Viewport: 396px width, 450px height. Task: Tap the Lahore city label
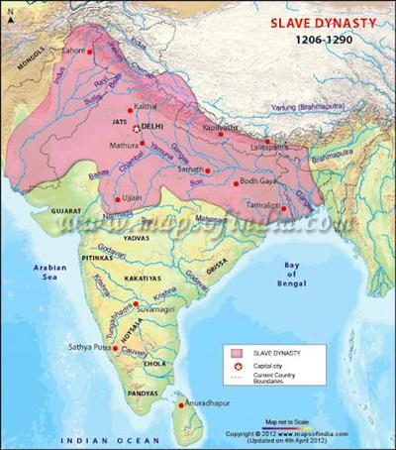point(71,49)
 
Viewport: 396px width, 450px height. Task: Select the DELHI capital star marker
point(138,129)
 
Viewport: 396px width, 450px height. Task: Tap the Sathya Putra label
point(93,348)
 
